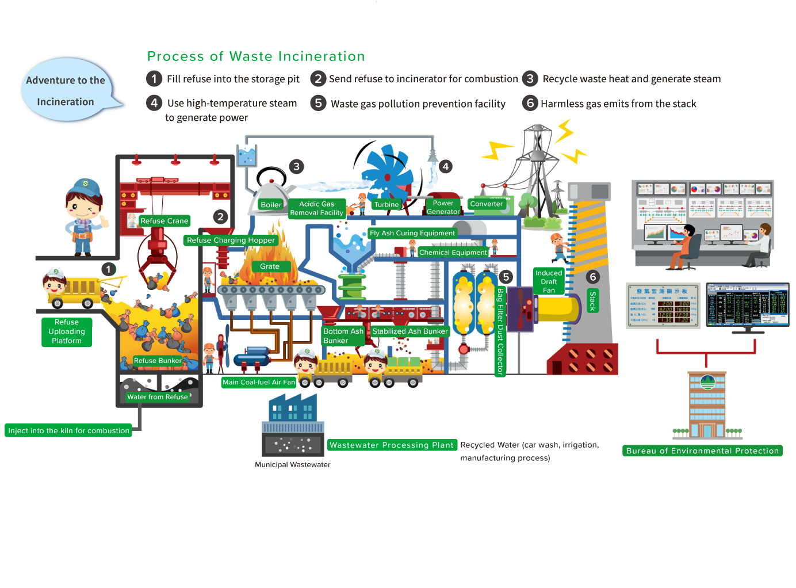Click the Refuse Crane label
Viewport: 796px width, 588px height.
pos(164,221)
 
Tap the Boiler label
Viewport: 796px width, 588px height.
pos(271,205)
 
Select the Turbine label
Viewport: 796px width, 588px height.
pos(386,205)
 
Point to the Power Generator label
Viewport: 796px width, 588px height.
pos(443,207)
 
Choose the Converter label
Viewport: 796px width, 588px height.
pos(487,204)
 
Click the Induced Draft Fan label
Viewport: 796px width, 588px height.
pos(549,281)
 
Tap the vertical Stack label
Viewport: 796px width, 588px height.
pos(592,301)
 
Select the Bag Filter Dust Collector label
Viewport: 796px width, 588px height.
pos(500,331)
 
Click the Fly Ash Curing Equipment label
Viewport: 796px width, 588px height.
pos(412,233)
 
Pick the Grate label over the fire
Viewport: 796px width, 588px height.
pos(269,266)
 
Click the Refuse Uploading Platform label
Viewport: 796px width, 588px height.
pos(67,331)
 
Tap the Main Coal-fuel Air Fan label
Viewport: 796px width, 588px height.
pos(259,382)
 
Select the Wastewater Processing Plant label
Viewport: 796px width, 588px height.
pos(392,445)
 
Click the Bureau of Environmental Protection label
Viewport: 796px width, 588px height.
pos(702,450)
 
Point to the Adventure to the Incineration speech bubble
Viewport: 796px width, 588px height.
pos(66,91)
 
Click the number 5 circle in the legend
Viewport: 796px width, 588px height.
pos(318,103)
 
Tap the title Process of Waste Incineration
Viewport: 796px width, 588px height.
pos(256,56)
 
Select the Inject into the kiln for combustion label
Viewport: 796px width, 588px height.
pos(68,430)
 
